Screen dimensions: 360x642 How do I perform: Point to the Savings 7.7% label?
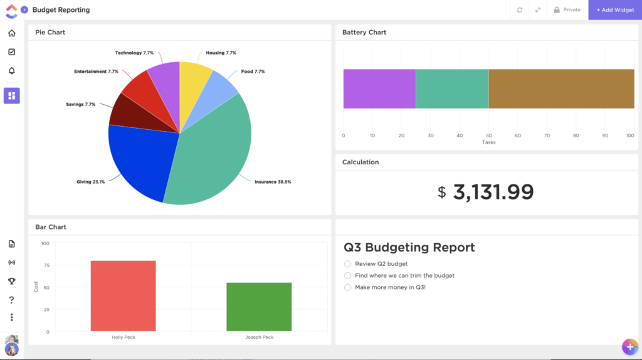tap(81, 104)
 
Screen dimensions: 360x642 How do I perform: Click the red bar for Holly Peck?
tap(123, 295)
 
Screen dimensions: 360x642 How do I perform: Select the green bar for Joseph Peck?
tap(258, 307)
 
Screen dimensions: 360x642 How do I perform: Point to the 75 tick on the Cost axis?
tap(45, 265)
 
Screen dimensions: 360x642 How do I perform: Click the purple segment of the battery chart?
tap(379, 88)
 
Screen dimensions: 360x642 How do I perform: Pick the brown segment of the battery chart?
tap(561, 88)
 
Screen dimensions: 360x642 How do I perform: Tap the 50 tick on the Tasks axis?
tap(488, 135)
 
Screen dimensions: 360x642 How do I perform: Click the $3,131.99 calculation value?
tap(486, 192)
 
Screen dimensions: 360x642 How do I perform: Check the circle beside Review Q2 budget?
tap(348, 264)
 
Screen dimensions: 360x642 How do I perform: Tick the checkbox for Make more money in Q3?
tap(348, 287)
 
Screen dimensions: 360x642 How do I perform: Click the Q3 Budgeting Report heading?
tap(409, 247)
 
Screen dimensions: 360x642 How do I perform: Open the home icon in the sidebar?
tap(11, 33)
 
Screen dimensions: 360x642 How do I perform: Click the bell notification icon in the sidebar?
tap(11, 70)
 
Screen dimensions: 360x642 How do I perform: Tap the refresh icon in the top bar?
tap(519, 10)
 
